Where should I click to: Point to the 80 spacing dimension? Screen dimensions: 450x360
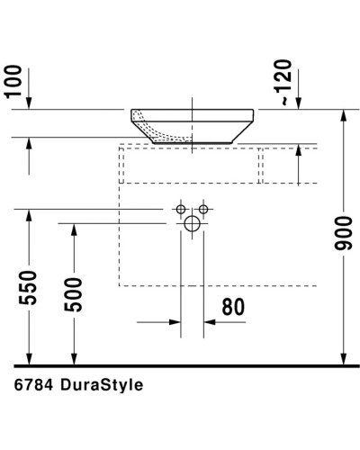(232, 306)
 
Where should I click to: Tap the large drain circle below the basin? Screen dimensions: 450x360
(192, 224)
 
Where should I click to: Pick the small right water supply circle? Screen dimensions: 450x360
(203, 210)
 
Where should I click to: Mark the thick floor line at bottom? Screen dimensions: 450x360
(180, 365)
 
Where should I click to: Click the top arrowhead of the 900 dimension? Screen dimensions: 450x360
(344, 115)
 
